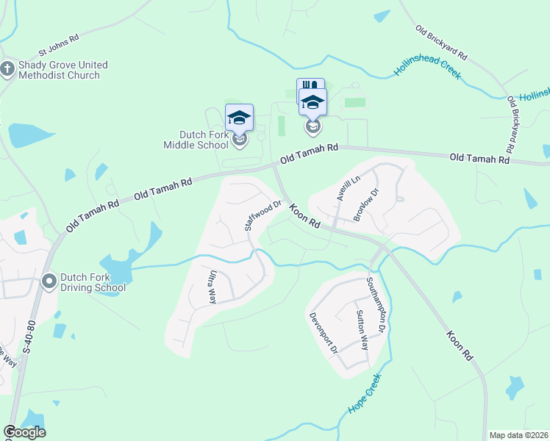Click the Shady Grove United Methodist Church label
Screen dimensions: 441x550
coord(63,70)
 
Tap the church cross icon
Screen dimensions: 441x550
coord(8,70)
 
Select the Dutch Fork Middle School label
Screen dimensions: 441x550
coord(196,140)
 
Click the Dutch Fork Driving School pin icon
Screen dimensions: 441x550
coord(49,281)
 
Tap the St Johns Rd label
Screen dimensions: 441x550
coord(59,46)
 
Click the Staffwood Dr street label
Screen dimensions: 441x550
coord(263,216)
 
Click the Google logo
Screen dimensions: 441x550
coord(24,432)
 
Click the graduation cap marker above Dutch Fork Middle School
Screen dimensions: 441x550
coord(239,117)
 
